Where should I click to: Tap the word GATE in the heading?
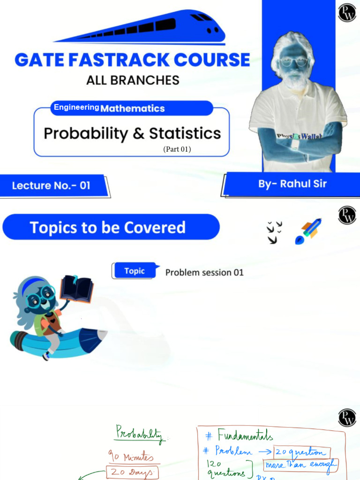[x=37, y=60]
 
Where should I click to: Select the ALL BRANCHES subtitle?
[x=133, y=80]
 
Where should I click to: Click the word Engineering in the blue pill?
[x=76, y=107]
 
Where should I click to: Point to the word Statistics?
[x=185, y=133]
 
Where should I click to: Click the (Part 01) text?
[x=177, y=149]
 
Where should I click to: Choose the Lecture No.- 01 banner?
[x=52, y=186]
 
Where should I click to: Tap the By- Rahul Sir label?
[x=292, y=184]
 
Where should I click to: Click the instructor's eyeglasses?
[x=294, y=62]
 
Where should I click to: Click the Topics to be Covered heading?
[x=108, y=228]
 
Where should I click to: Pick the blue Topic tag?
[x=134, y=271]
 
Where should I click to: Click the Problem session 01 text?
[x=204, y=272]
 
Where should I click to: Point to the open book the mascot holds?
[x=77, y=287]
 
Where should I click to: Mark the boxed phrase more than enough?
[x=300, y=465]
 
